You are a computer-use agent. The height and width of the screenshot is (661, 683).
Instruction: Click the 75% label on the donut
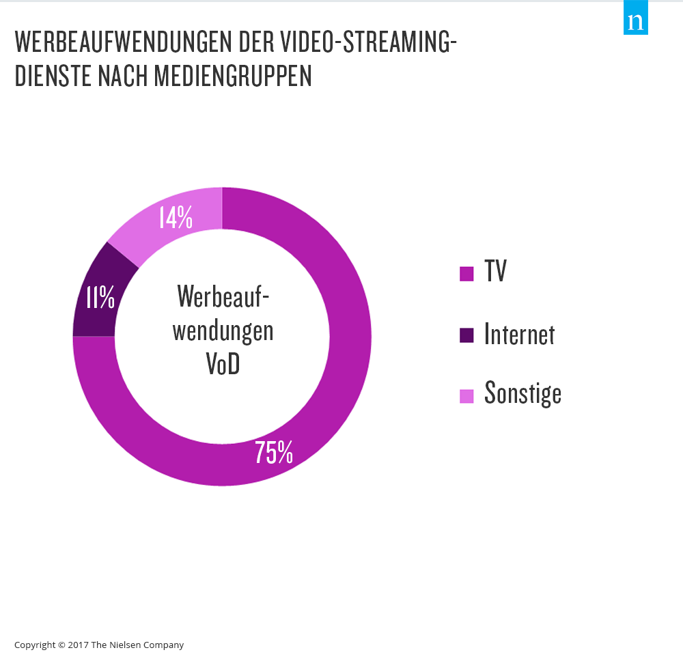pyautogui.click(x=274, y=452)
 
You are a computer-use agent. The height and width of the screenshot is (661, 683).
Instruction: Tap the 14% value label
pyautogui.click(x=176, y=217)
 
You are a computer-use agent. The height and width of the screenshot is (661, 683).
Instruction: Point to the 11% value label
pyautogui.click(x=100, y=298)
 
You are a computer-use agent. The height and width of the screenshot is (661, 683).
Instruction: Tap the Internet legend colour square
pyautogui.click(x=466, y=335)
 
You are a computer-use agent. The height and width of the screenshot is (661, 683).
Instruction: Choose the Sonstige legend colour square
pyautogui.click(x=466, y=395)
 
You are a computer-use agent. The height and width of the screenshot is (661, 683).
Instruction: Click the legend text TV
pyautogui.click(x=496, y=272)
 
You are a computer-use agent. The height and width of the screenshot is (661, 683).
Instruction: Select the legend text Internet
pyautogui.click(x=519, y=334)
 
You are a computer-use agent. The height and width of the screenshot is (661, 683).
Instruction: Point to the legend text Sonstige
pyautogui.click(x=522, y=393)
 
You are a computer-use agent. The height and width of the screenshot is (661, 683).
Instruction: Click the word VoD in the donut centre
pyautogui.click(x=223, y=365)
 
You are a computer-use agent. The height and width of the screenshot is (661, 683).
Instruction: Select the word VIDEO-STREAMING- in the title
pyautogui.click(x=369, y=42)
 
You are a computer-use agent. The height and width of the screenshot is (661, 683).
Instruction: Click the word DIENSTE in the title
pyautogui.click(x=52, y=76)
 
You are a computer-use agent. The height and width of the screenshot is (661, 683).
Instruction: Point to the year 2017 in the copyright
pyautogui.click(x=79, y=645)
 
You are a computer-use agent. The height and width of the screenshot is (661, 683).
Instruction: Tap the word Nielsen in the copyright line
pyautogui.click(x=124, y=645)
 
